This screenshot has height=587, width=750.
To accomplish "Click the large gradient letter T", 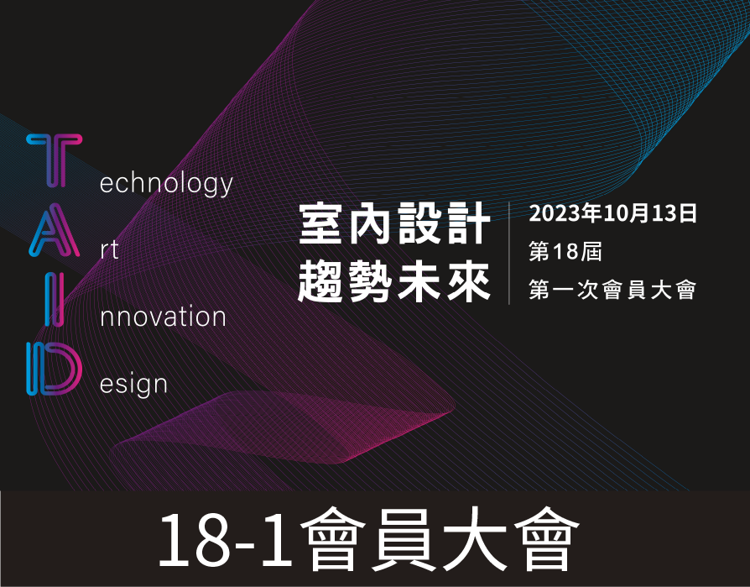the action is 55,160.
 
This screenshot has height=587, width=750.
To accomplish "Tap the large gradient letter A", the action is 54,230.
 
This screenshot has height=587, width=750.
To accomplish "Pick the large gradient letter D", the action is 54,369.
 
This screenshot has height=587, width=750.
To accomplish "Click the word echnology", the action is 166,185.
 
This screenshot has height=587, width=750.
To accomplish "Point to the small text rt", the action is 110,250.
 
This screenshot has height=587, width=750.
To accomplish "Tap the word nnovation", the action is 163,317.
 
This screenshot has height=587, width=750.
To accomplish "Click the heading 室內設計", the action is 395,223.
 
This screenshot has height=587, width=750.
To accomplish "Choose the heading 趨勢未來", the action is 394,282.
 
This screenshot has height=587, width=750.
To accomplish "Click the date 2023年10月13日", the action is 612,213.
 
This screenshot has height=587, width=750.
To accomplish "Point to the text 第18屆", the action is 565,251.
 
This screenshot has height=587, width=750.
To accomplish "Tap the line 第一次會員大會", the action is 612,290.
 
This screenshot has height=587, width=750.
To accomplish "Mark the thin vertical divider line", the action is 509,254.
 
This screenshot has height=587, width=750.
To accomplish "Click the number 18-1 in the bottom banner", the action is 225,540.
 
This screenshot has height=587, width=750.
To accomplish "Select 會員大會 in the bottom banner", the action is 440,539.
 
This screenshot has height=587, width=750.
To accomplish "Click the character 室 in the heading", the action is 322,223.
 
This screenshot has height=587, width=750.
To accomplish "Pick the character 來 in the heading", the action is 469,282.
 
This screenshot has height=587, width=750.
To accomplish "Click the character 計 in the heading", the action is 469,223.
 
